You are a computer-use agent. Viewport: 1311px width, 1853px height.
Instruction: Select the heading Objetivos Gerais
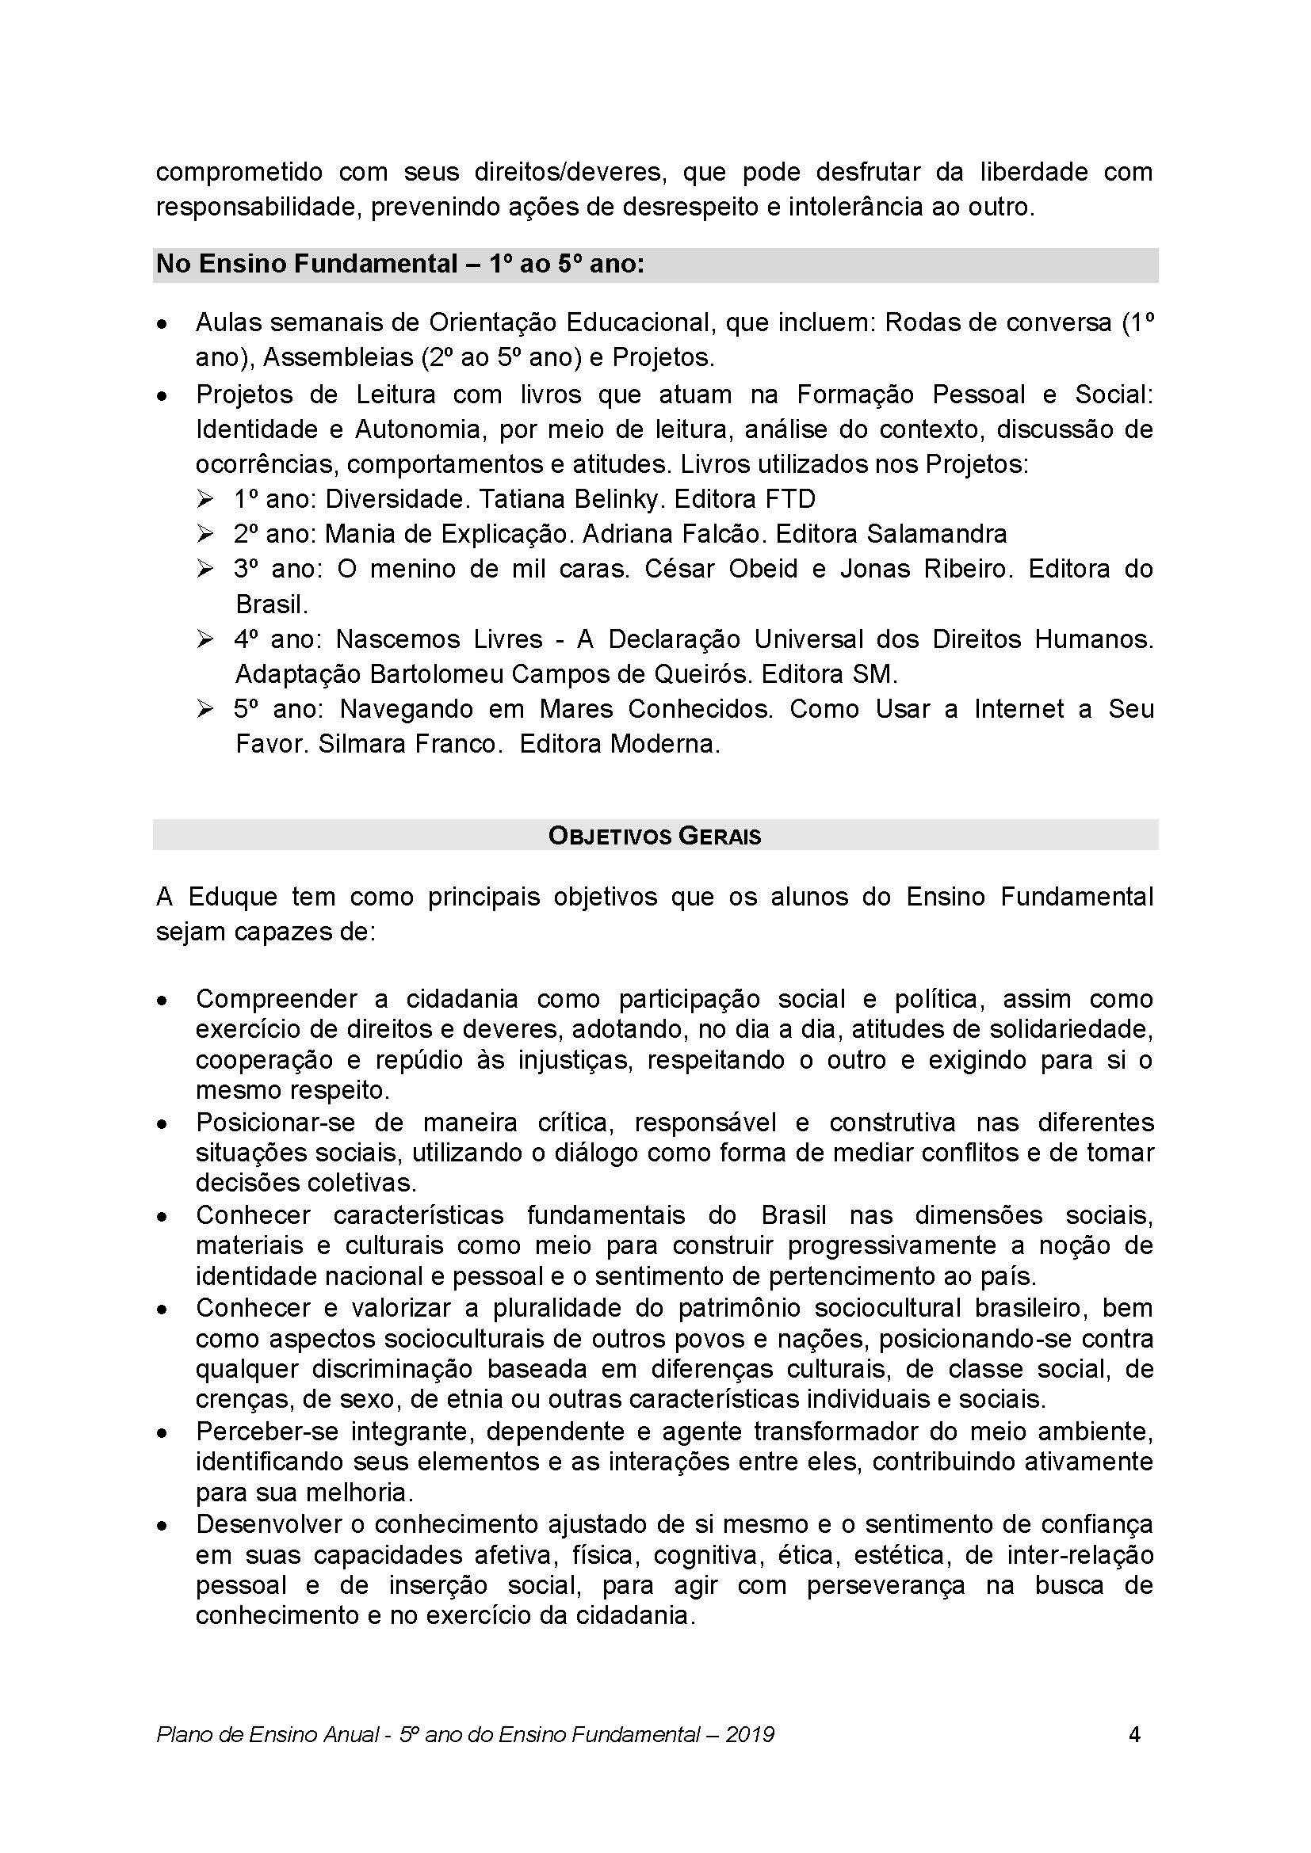pyautogui.click(x=655, y=836)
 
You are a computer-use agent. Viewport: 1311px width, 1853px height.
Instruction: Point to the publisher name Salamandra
pyautogui.click(x=936, y=533)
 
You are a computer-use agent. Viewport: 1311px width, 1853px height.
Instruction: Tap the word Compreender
pyautogui.click(x=276, y=998)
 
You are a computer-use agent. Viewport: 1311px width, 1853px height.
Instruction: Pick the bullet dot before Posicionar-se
pyautogui.click(x=163, y=1123)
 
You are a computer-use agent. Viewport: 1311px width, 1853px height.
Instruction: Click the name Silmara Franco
pyautogui.click(x=409, y=743)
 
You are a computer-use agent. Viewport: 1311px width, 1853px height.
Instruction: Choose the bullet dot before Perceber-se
pyautogui.click(x=163, y=1432)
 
